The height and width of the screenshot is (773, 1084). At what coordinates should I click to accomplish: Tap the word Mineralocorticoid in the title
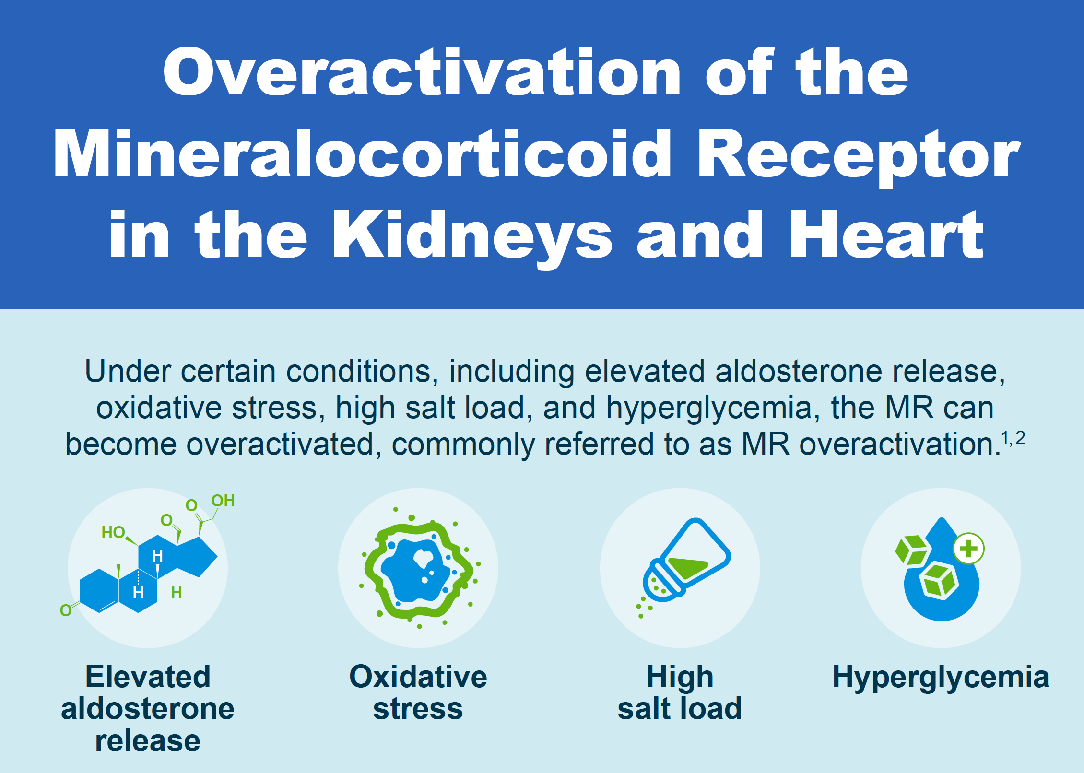362,154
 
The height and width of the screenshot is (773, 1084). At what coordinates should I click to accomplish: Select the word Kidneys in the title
472,236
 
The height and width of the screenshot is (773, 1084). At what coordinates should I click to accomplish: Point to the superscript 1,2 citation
1013,438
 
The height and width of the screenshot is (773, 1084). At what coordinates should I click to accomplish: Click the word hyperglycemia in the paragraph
713,408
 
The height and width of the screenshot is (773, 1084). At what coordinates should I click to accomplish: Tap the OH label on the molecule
223,501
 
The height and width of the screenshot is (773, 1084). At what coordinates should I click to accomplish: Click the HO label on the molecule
113,532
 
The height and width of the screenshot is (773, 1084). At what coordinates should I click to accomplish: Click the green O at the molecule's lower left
66,610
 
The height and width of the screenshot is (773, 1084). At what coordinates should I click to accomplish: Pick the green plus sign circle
968,549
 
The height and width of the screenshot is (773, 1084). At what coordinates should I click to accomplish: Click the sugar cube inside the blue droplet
938,581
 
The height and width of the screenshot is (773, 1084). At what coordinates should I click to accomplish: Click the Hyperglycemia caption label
941,677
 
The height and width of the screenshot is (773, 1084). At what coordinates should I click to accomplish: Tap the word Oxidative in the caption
418,677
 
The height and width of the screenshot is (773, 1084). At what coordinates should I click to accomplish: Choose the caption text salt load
680,708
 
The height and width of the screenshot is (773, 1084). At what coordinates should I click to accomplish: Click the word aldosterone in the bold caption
148,708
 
